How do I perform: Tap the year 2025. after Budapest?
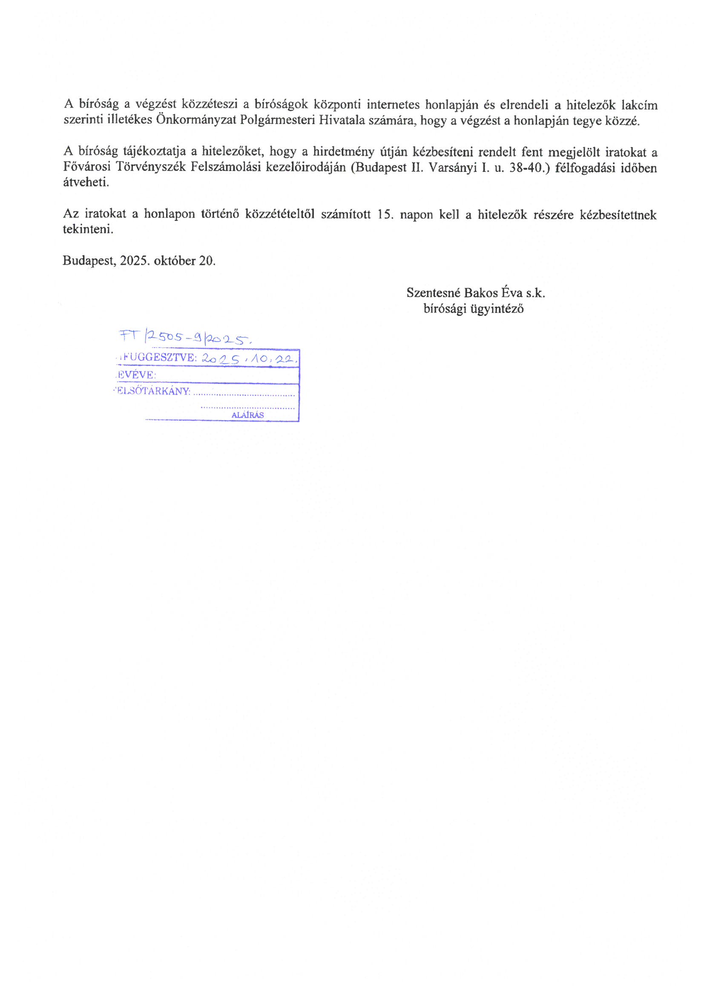135,261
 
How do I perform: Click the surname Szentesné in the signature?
433,293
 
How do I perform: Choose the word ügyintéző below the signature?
496,309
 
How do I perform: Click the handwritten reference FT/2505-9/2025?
185,337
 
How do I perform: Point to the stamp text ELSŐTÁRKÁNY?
153,391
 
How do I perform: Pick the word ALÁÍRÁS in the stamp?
248,415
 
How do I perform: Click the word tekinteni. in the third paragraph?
88,230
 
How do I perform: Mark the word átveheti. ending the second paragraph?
86,183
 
